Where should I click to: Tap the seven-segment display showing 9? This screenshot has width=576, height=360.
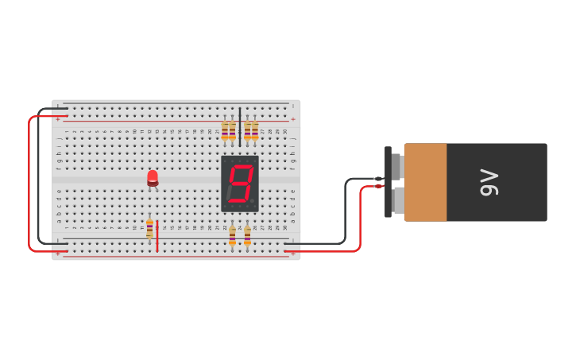tap(240, 184)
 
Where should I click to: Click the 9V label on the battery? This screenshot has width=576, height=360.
tap(489, 182)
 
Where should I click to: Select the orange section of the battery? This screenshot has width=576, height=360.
tap(425, 182)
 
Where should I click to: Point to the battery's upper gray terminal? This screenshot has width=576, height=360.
tap(397, 167)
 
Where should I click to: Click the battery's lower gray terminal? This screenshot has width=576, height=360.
tap(397, 199)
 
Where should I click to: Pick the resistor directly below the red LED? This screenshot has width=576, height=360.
tap(149, 229)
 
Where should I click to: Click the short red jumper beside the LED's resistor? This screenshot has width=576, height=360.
tap(157, 236)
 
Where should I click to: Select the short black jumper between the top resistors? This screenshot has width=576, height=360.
tap(240, 126)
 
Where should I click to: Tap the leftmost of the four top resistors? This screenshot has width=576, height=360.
tap(225, 130)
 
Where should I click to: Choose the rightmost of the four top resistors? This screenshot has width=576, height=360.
tap(255, 130)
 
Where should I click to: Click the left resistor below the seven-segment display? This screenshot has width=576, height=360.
tap(232, 236)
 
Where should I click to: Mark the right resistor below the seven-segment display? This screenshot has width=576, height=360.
tap(247, 236)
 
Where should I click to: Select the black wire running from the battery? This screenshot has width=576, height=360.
tap(345, 215)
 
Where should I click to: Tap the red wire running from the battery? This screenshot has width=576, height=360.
tap(360, 226)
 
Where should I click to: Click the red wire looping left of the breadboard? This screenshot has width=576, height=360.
tap(29, 183)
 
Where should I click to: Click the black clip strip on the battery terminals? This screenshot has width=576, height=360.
tap(388, 182)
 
